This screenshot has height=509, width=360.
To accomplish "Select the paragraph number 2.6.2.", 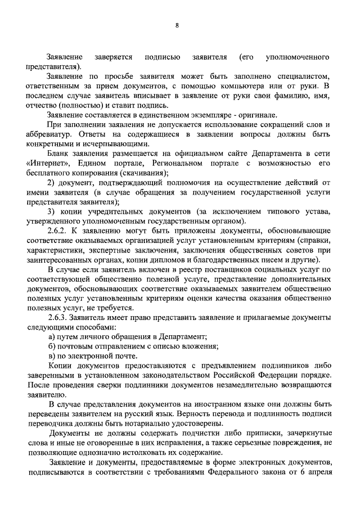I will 60,231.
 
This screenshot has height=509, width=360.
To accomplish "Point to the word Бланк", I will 59,153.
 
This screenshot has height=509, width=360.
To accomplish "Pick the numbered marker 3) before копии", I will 52,211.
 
